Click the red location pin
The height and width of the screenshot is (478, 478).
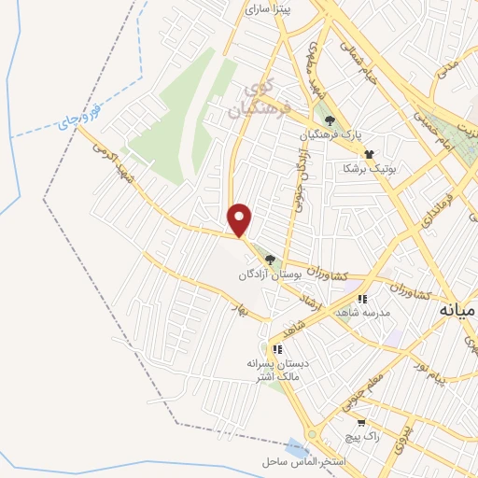(x=241, y=218)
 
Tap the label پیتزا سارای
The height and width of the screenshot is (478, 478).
(x=269, y=8)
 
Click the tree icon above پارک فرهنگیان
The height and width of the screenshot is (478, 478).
(x=329, y=119)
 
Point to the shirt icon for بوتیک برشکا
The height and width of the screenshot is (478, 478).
(x=370, y=154)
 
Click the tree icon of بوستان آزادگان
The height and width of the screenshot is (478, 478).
(x=271, y=260)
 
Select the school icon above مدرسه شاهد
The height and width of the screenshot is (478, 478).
(x=361, y=299)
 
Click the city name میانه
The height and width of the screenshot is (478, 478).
(x=457, y=309)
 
